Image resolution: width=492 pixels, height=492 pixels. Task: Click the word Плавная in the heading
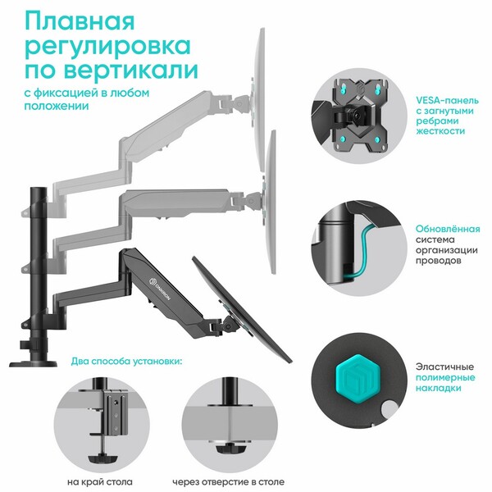coord(80,21)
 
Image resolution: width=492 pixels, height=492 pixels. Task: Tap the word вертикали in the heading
coord(131,70)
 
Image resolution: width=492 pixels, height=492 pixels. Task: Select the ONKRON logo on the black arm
coord(159,288)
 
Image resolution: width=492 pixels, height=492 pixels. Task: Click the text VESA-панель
coord(448,100)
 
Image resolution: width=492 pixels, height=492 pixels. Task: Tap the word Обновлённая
coord(448,229)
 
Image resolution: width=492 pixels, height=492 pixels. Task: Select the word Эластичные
coord(445,367)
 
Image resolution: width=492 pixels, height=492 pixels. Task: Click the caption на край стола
coord(100,481)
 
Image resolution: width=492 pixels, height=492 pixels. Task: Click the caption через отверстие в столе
coord(229,481)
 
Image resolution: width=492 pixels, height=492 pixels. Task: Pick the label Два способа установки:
coord(126,361)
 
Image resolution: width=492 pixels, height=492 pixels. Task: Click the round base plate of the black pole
coord(34,364)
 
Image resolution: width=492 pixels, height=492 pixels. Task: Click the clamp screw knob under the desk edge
coord(102,458)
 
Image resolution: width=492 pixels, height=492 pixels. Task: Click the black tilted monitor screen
coord(242,309)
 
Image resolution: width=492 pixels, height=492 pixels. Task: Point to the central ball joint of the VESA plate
coord(357,116)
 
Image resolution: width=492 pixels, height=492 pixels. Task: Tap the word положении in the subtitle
coord(57,106)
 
